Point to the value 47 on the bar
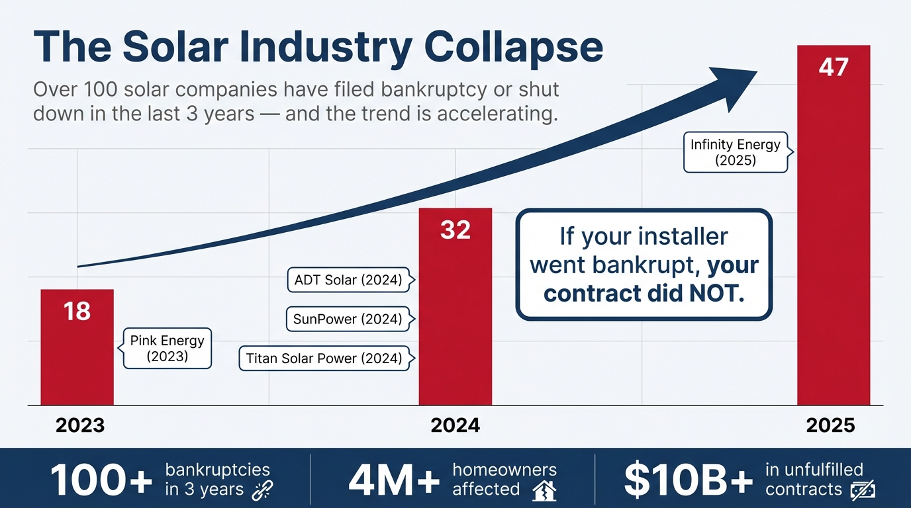click(833, 67)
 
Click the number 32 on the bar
click(455, 230)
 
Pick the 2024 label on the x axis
click(455, 425)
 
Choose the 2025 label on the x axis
click(831, 425)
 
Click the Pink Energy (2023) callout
click(167, 349)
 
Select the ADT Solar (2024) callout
click(348, 280)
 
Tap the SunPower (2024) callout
click(348, 319)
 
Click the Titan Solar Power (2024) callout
click(324, 359)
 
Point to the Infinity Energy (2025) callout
click(735, 152)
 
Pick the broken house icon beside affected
click(544, 491)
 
